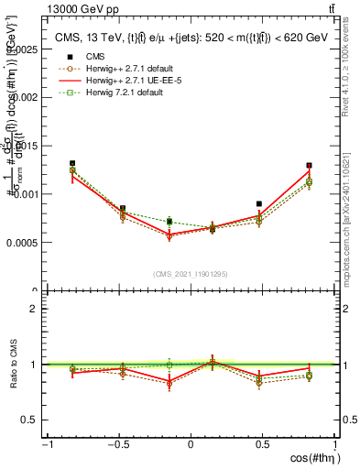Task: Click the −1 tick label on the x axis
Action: click(47, 444)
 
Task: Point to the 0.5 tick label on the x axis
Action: click(262, 444)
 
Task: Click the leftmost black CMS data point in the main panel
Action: click(72, 163)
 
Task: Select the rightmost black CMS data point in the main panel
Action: click(310, 166)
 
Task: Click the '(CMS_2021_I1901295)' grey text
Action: click(191, 274)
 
